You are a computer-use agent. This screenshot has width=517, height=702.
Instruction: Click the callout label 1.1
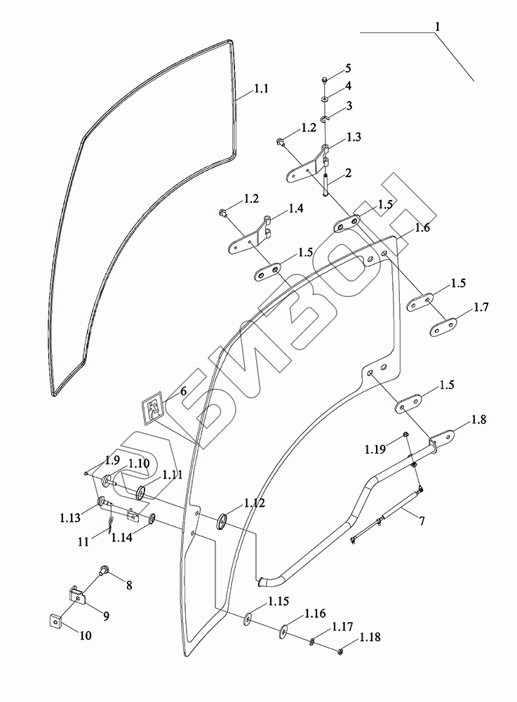(262, 89)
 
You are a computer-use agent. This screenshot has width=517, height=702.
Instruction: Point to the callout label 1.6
(422, 227)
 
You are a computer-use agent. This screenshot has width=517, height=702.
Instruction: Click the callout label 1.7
(481, 307)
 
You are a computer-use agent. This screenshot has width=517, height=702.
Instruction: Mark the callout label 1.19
(375, 448)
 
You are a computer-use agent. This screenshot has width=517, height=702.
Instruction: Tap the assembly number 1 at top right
(438, 26)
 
